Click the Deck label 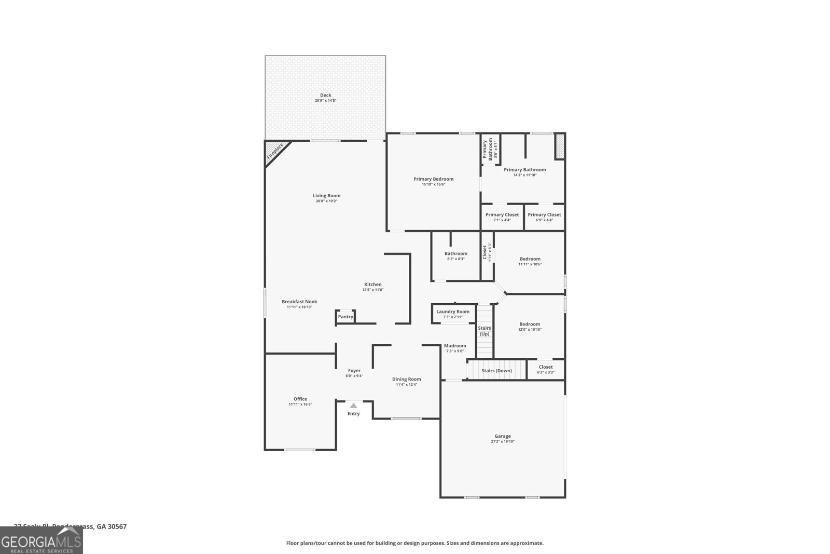(x=325, y=95)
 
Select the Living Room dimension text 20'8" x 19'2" (x=326, y=201)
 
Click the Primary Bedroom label (x=433, y=179)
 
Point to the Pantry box (x=345, y=317)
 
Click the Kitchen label (x=372, y=284)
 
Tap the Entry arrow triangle (x=353, y=406)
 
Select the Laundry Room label (x=452, y=312)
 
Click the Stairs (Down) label (x=496, y=371)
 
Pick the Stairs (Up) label (x=484, y=331)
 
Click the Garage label (x=502, y=436)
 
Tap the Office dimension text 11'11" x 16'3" (x=300, y=404)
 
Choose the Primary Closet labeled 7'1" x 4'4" (x=502, y=214)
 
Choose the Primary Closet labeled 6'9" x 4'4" (x=544, y=214)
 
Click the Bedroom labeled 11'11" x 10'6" (x=530, y=259)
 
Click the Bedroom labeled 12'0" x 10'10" (x=530, y=324)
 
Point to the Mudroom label (x=455, y=346)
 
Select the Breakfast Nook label (x=299, y=302)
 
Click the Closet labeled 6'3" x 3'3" (x=545, y=367)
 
